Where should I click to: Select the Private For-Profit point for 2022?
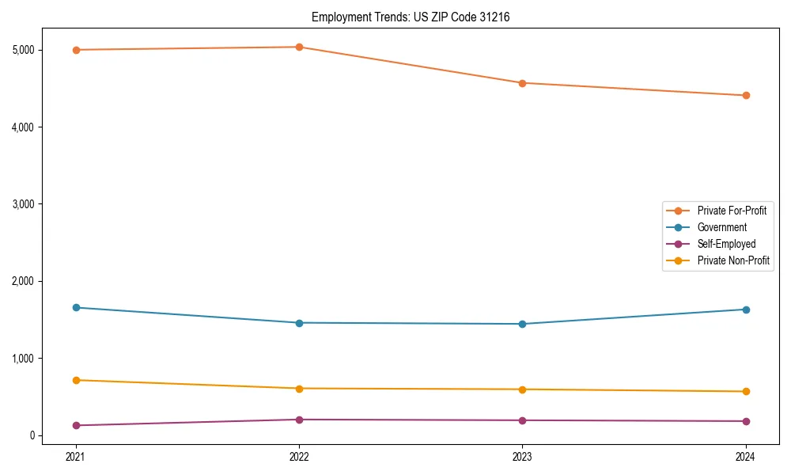pyautogui.click(x=299, y=47)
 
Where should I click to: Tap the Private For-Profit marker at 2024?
pyautogui.click(x=745, y=96)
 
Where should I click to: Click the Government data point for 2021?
pyautogui.click(x=76, y=307)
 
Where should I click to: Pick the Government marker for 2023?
pyautogui.click(x=522, y=324)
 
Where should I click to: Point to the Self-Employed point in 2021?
pyautogui.click(x=76, y=425)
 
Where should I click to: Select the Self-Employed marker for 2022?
pyautogui.click(x=299, y=420)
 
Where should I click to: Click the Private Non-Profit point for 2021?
pyautogui.click(x=76, y=380)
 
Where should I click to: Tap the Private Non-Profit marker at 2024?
pyautogui.click(x=745, y=391)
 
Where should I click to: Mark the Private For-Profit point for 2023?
pyautogui.click(x=522, y=83)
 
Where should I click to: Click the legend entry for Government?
pyautogui.click(x=721, y=227)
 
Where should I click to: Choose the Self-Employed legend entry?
pyautogui.click(x=726, y=244)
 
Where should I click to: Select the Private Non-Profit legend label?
pyautogui.click(x=733, y=260)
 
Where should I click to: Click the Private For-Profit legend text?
pyautogui.click(x=732, y=211)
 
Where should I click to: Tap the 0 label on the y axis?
pyautogui.click(x=32, y=435)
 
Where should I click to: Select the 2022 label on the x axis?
pyautogui.click(x=299, y=456)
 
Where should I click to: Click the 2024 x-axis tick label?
pyautogui.click(x=745, y=456)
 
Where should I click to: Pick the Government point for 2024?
pyautogui.click(x=745, y=310)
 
